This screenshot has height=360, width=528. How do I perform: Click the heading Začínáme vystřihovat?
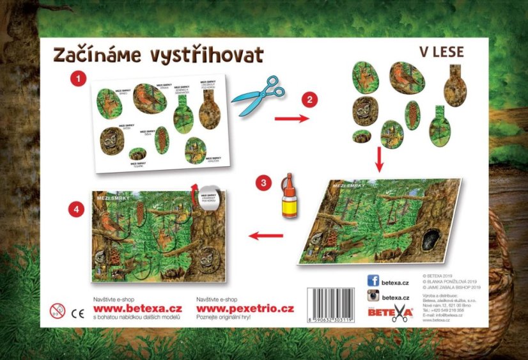click(158, 55)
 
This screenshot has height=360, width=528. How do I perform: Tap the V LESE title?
click(442, 52)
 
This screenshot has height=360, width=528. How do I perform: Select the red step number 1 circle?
click(78, 79)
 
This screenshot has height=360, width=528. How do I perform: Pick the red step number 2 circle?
click(309, 99)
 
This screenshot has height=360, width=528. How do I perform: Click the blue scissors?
click(256, 94)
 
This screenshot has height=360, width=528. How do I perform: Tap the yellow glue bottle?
click(290, 196)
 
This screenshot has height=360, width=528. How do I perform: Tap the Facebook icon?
click(373, 279)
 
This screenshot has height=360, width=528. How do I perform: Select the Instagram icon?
click(373, 296)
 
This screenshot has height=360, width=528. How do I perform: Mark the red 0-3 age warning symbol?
click(58, 311)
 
